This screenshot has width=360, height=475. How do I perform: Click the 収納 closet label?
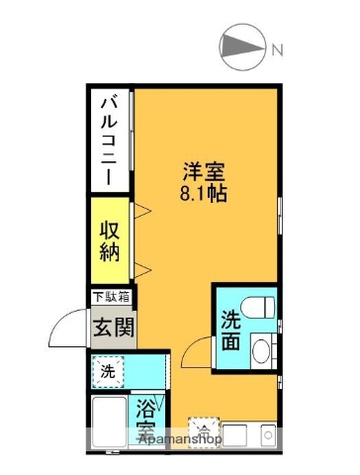click(110, 239)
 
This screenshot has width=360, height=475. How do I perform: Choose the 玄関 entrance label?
click(110, 326)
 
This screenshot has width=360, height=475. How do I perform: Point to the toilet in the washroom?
click(261, 309)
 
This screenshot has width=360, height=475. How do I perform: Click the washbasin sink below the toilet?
click(261, 349)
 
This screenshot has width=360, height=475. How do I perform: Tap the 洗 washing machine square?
click(108, 373)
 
